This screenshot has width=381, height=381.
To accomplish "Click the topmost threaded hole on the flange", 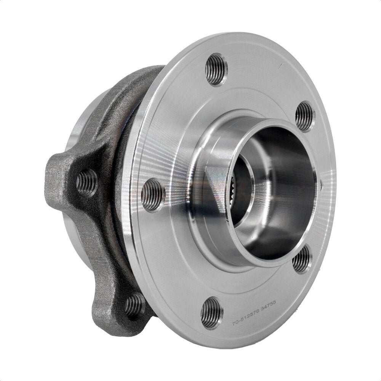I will click(216, 69).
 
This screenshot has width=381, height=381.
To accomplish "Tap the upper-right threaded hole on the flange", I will click(305, 116).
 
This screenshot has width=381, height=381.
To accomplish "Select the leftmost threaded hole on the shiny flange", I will click(152, 195).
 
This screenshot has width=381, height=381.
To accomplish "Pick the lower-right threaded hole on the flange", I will click(302, 260).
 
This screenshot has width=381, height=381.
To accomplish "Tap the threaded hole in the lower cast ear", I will click(134, 305).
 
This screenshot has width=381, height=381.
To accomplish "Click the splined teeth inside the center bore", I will click(234, 190).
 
